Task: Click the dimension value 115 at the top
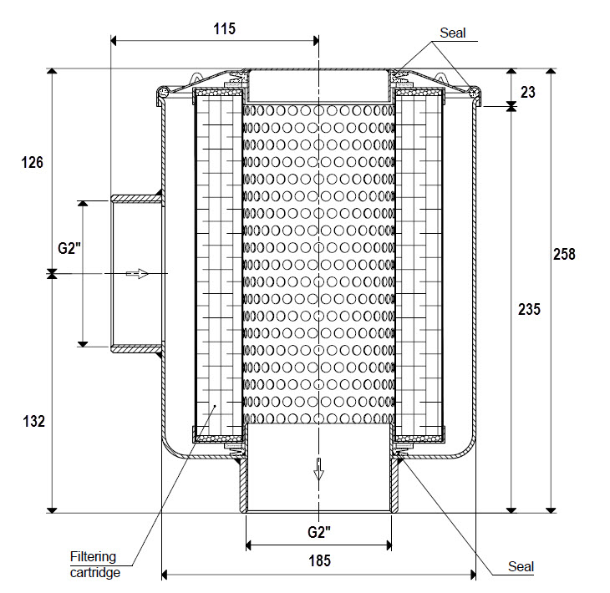pyautogui.click(x=224, y=28)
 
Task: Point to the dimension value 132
pyautogui.click(x=31, y=423)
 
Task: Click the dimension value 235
pyautogui.click(x=528, y=309)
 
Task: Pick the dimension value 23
pyautogui.click(x=528, y=92)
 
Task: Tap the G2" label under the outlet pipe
pyautogui.click(x=318, y=532)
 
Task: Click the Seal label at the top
pyautogui.click(x=452, y=33)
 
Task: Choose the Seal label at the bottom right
pyautogui.click(x=521, y=567)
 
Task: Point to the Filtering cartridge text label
pyautogui.click(x=94, y=565)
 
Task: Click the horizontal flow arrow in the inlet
pyautogui.click(x=137, y=273)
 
